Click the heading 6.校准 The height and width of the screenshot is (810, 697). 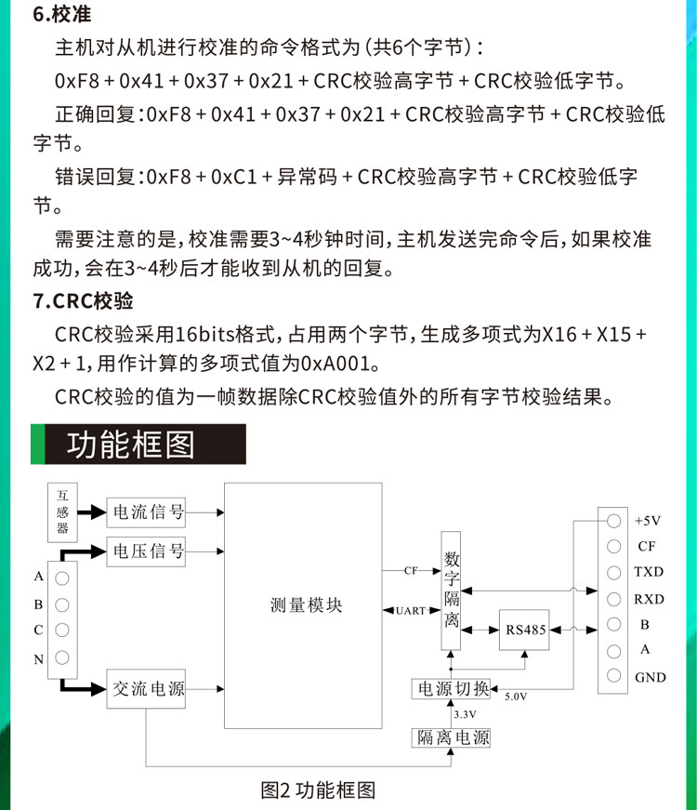[x=63, y=16]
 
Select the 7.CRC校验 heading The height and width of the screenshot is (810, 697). [x=83, y=301]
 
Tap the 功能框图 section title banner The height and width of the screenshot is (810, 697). [x=139, y=445]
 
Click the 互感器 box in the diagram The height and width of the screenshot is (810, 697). [x=63, y=511]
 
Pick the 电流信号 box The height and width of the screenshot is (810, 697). [x=148, y=511]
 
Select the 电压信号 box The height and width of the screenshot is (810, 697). [x=148, y=551]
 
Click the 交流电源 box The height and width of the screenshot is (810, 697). [x=148, y=689]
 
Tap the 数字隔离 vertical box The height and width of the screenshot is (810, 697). [x=452, y=590]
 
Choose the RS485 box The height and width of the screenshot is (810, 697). [x=526, y=630]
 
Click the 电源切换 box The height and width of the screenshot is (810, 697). [x=452, y=689]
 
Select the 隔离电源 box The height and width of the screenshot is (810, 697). [x=452, y=738]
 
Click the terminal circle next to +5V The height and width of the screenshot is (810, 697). [x=613, y=521]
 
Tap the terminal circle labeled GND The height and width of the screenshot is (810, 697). [x=613, y=676]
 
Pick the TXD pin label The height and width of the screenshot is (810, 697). [x=649, y=572]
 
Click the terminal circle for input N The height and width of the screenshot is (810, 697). [x=62, y=658]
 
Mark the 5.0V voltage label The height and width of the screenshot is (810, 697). [x=517, y=696]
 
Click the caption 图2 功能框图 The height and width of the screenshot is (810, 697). [x=318, y=790]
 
